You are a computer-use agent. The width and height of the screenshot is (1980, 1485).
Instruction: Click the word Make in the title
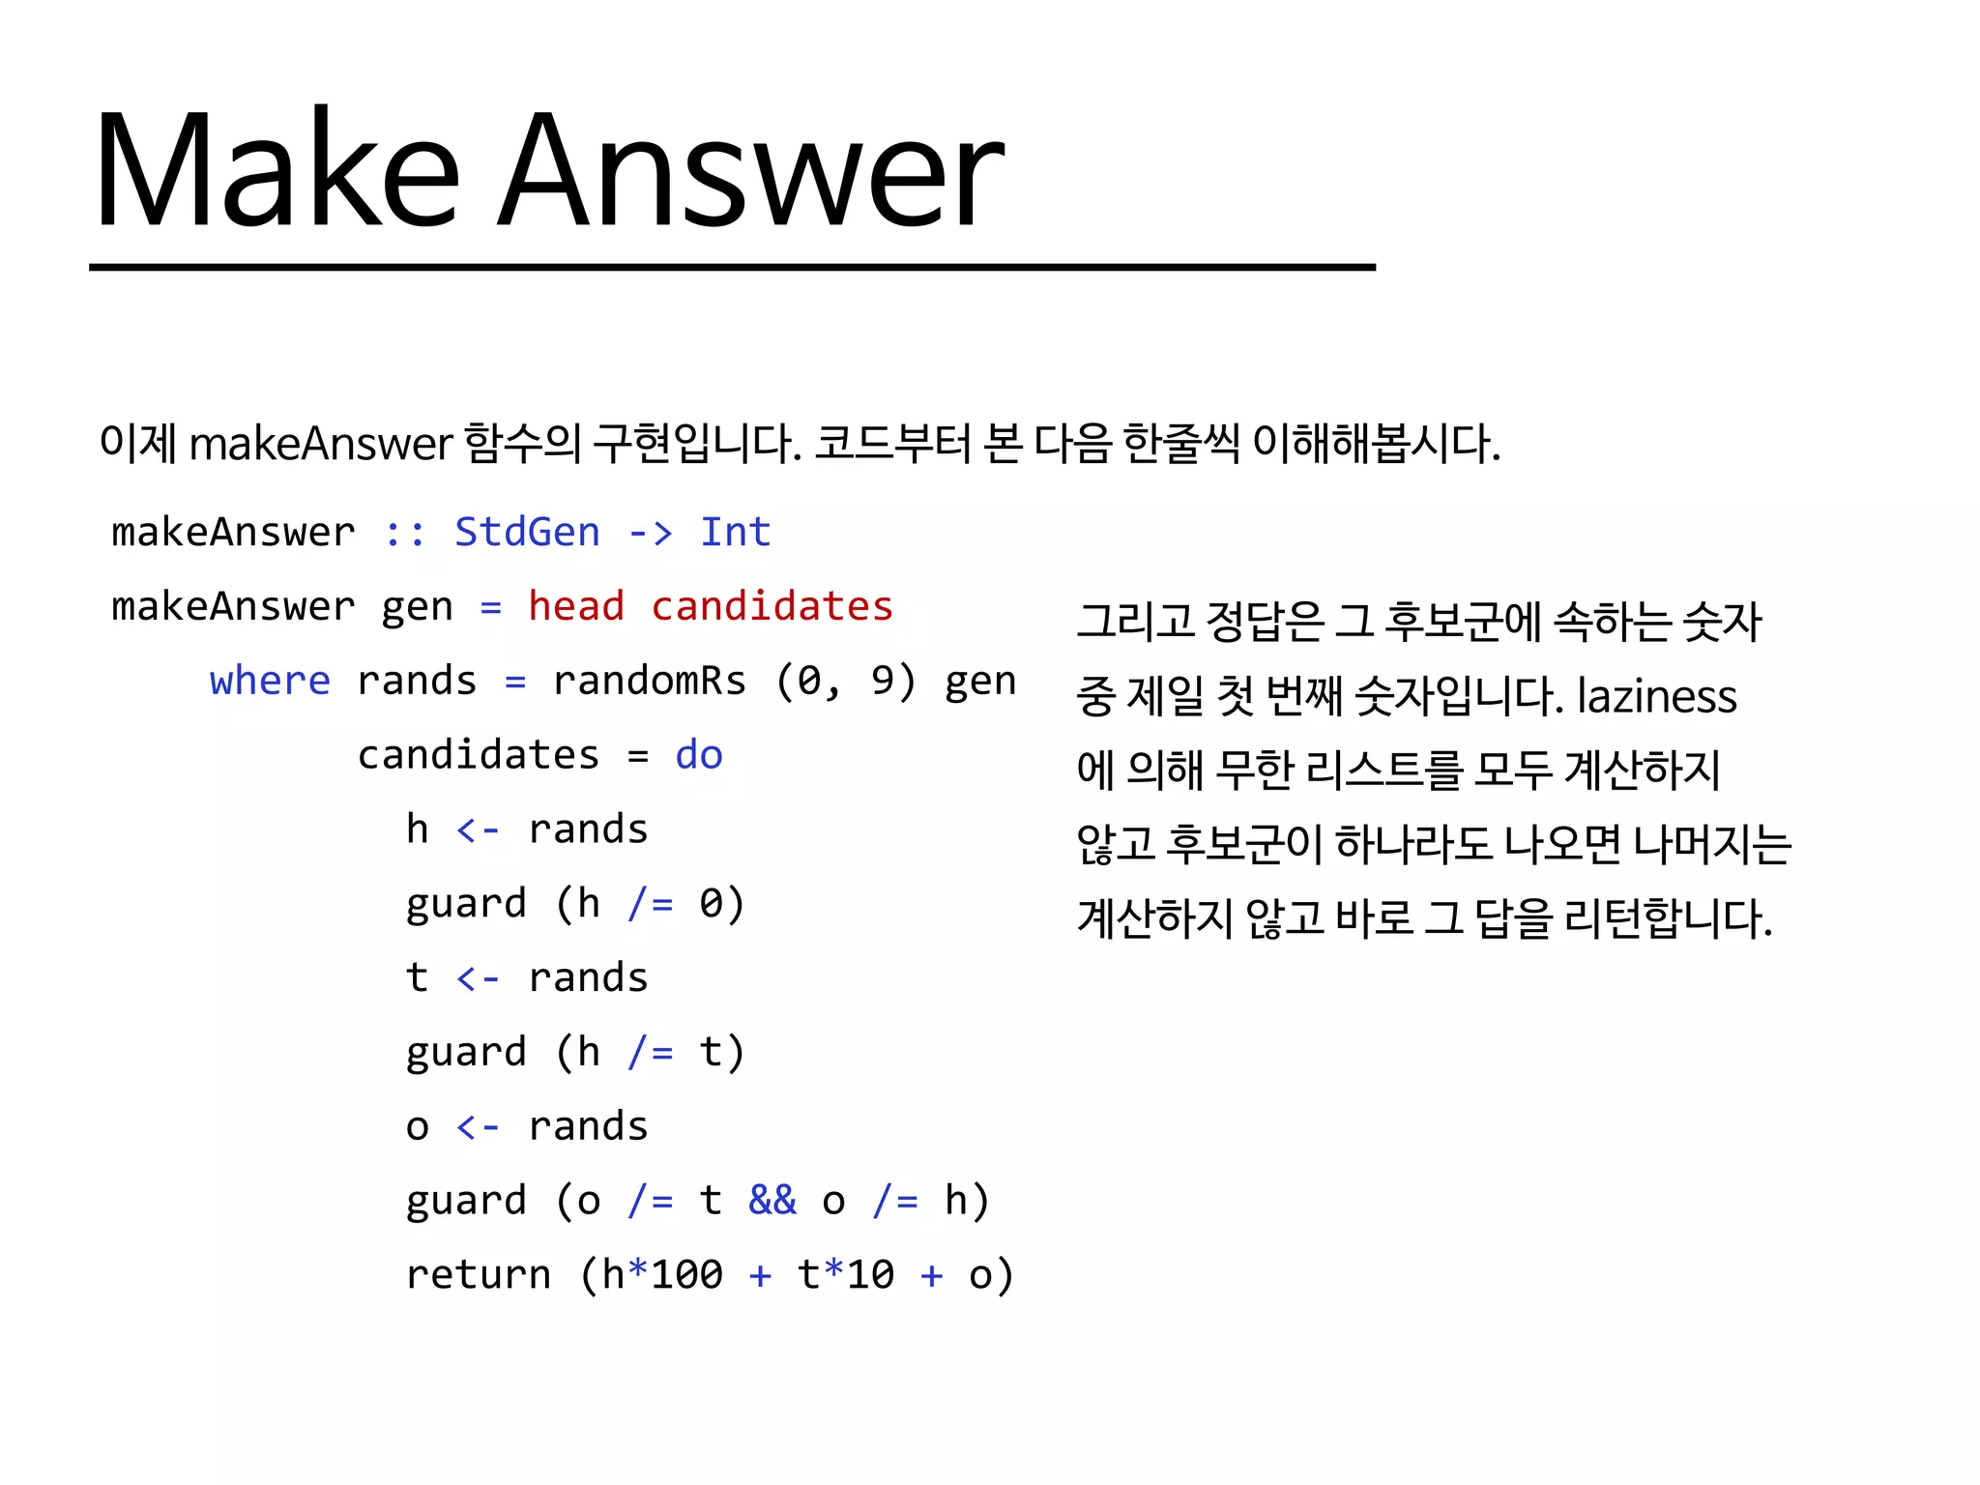point(277,171)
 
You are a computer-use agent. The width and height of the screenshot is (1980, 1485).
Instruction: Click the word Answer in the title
point(752,171)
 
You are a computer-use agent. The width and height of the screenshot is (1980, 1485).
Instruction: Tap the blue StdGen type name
point(527,533)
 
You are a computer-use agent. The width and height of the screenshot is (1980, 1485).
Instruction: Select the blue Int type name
point(735,533)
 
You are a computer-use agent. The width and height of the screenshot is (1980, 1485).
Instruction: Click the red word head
point(576,607)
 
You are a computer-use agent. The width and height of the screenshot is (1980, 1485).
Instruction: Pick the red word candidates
point(772,607)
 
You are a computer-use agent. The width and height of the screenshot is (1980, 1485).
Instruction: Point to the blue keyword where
point(270,682)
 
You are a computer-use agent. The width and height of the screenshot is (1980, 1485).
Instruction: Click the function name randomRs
point(649,682)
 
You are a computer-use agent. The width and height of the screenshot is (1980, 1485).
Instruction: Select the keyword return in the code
point(478,1275)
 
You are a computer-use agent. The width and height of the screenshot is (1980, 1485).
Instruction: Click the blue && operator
point(772,1201)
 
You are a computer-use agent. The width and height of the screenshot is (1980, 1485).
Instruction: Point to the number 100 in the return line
point(686,1275)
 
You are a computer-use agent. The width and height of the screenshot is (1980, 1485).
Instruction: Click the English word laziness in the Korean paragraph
point(1656,696)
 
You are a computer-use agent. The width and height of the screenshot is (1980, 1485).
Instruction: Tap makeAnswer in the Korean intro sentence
point(321,445)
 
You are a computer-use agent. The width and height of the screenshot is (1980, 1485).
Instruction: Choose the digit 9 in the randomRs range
point(882,682)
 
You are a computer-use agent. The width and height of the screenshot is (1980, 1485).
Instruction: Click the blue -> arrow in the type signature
point(650,533)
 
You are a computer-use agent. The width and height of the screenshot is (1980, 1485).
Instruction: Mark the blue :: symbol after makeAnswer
point(404,533)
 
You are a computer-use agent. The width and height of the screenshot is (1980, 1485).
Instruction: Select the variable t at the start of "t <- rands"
point(417,978)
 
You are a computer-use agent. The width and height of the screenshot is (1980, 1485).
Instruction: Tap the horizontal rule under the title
point(732,267)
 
